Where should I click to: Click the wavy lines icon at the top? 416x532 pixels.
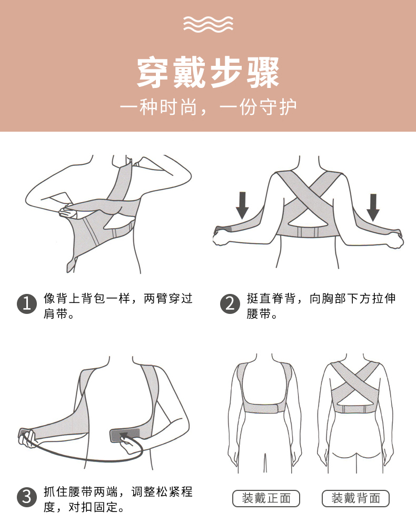(x=208, y=24)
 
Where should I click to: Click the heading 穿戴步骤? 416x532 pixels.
(x=208, y=73)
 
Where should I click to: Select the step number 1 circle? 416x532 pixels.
(x=27, y=303)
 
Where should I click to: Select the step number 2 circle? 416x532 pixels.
(x=230, y=303)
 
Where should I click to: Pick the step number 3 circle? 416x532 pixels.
(x=27, y=497)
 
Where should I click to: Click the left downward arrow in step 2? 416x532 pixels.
(x=242, y=205)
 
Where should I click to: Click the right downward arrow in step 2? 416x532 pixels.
(x=373, y=208)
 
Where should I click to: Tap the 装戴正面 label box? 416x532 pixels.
(x=266, y=498)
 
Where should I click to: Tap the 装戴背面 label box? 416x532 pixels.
(x=355, y=498)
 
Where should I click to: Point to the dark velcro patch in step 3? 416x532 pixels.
(x=124, y=435)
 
